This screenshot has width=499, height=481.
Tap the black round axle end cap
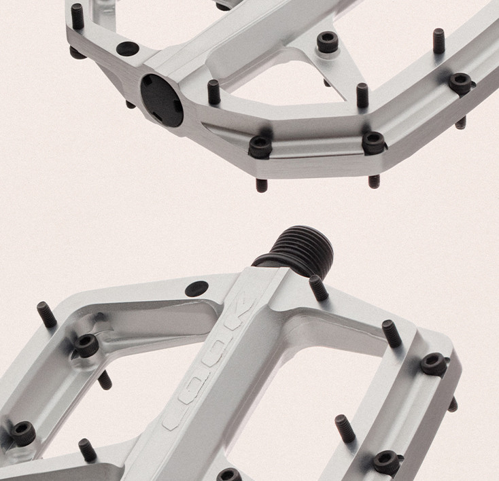(162, 101)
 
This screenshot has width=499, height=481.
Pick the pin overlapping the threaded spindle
(319, 288)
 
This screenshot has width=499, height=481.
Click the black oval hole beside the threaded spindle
(196, 288)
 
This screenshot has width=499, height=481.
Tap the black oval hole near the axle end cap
(128, 49)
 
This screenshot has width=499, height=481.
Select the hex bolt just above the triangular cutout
(328, 42)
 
